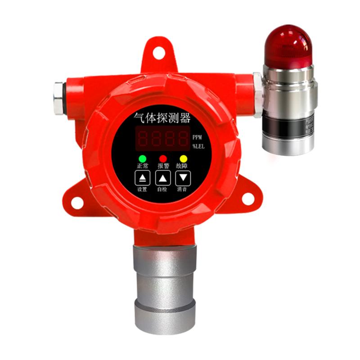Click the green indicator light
click(143, 158)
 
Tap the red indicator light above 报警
click(163, 158)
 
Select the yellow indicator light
click(183, 158)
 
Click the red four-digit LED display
click(162, 138)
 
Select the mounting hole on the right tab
click(248, 198)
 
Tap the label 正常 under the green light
click(143, 166)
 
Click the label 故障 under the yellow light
click(183, 166)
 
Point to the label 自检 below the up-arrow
click(162, 189)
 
